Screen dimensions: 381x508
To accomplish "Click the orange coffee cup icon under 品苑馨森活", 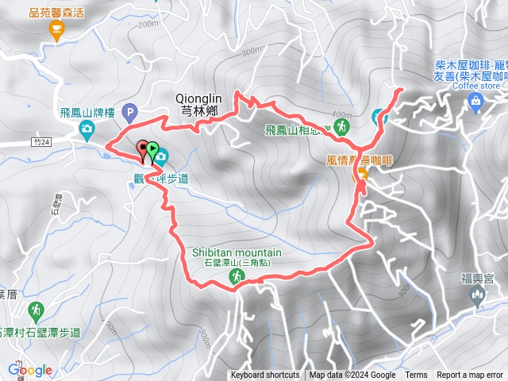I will point(56,30).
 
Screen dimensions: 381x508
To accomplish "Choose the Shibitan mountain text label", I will point(237,253).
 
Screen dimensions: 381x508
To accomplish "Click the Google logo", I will point(30,370).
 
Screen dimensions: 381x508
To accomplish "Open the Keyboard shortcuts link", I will point(265,375).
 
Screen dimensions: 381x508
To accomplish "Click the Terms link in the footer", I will point(416,375).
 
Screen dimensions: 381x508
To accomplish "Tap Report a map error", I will point(470,375).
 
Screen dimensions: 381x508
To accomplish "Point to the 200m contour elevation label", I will point(148,25).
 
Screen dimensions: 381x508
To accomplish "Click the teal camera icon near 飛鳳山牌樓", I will point(85,135).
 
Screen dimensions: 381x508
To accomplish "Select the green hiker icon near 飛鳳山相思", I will point(341,126).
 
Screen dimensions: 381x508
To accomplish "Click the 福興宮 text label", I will point(478,279).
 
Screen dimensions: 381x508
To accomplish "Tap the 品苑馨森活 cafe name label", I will point(56,13).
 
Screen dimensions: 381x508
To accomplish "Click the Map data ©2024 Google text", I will point(352,375).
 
